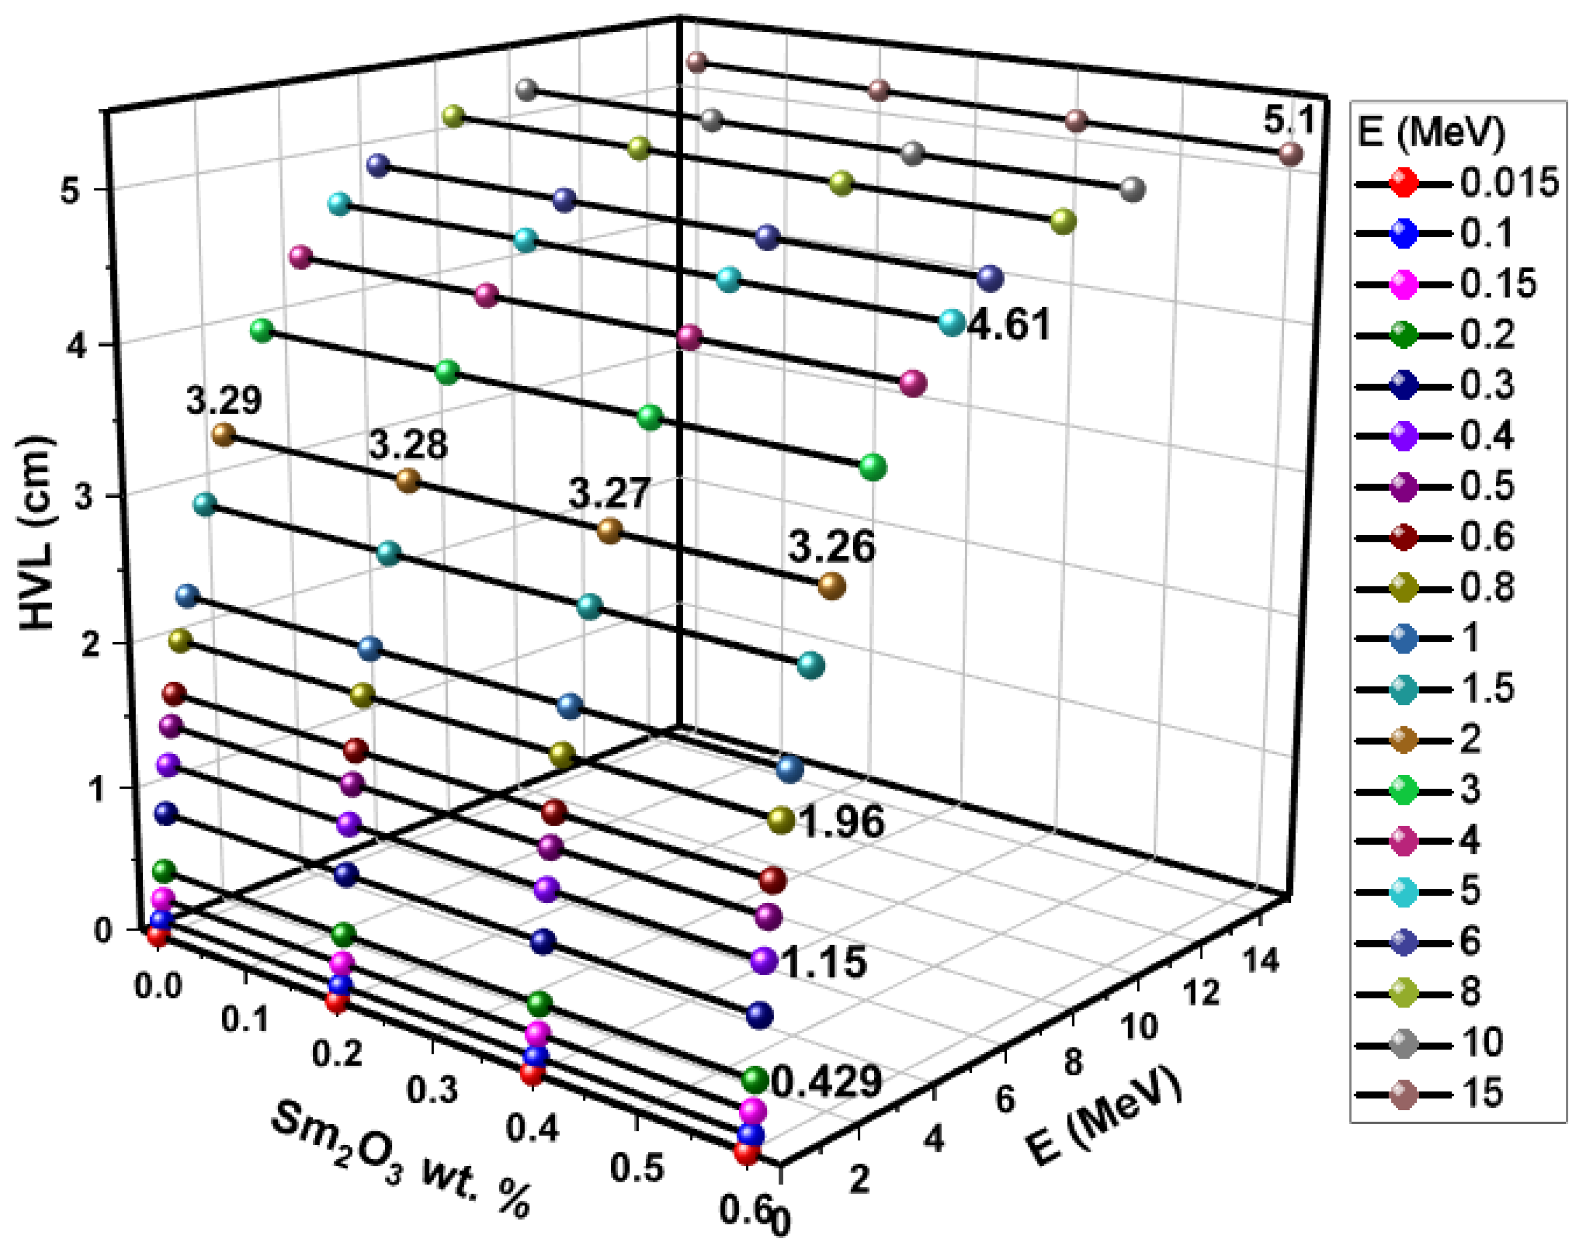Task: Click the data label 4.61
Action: pyautogui.click(x=1009, y=324)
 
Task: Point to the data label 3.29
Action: pyautogui.click(x=223, y=400)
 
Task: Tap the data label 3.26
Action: pyautogui.click(x=832, y=547)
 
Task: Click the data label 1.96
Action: pyautogui.click(x=842, y=822)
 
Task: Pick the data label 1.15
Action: pyautogui.click(x=824, y=962)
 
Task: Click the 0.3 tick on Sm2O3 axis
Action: pyautogui.click(x=432, y=1090)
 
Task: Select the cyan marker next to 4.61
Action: pyautogui.click(x=951, y=323)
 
